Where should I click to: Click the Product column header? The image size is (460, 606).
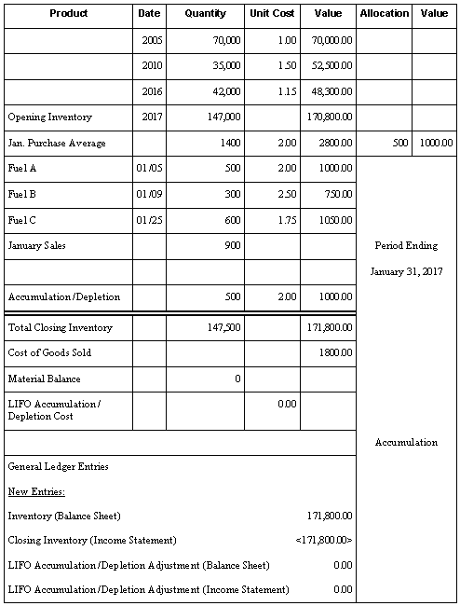tap(68, 14)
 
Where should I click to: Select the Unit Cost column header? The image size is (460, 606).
tap(272, 14)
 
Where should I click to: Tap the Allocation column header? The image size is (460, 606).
tap(384, 14)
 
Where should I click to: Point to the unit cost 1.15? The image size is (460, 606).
tap(286, 93)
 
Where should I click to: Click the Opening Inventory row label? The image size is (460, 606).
tap(44, 118)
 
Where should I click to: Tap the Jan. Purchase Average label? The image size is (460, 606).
tap(57, 144)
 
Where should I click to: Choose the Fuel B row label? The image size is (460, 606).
tap(21, 195)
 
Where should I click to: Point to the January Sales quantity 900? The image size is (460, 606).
tap(232, 245)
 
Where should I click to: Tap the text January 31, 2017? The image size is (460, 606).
tap(405, 271)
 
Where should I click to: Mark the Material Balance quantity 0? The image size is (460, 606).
tap(237, 379)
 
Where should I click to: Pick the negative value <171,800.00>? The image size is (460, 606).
tap(322, 541)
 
